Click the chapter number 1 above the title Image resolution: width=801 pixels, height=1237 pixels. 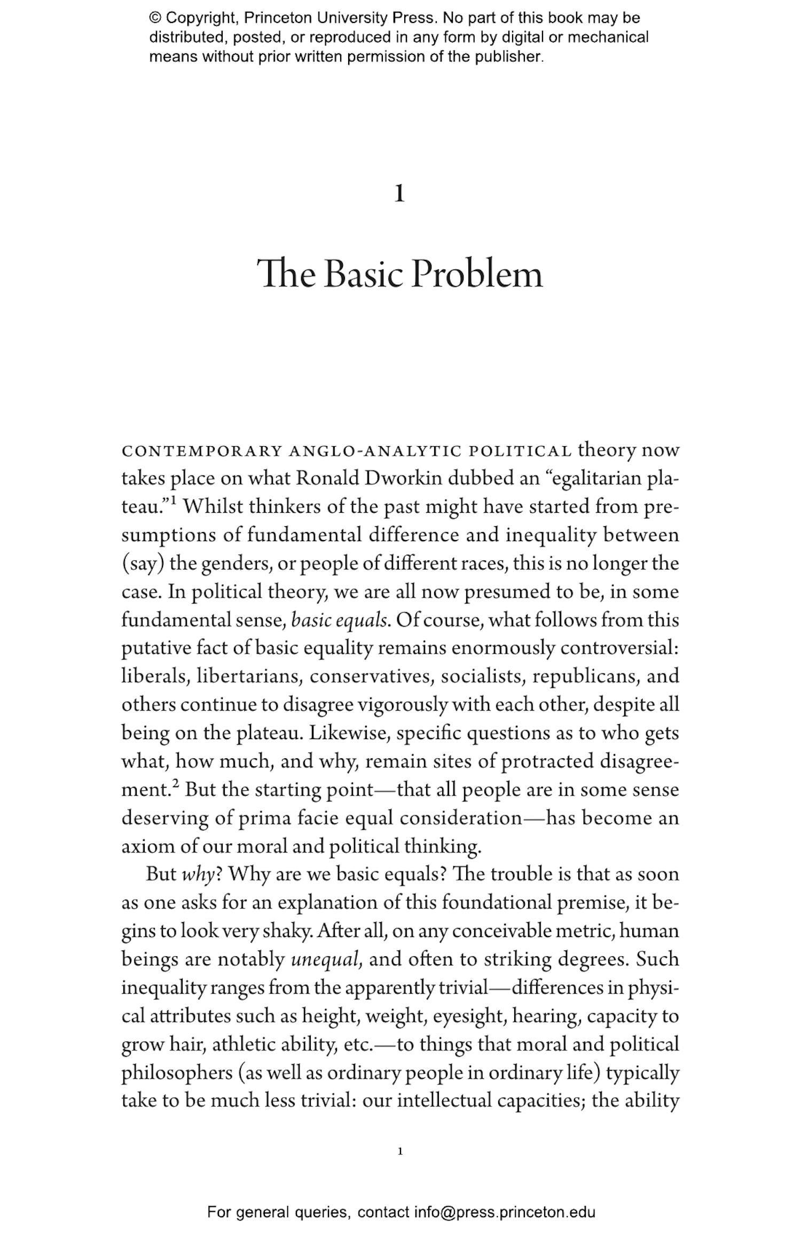coord(399,194)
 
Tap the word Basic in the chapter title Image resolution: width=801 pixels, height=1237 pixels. coord(364,274)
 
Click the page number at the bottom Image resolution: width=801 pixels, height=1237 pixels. coord(400,1152)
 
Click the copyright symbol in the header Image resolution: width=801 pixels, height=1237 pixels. coord(155,18)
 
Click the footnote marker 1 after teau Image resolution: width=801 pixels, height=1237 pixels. coord(174,501)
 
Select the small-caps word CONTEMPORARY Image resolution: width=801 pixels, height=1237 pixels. coord(202,451)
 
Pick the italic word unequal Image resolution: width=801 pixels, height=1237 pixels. coord(326,959)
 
